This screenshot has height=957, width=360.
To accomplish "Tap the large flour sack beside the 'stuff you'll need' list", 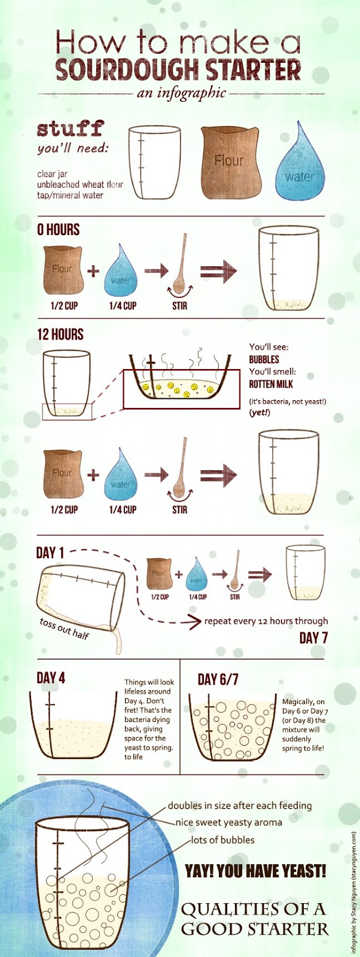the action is click(230, 163).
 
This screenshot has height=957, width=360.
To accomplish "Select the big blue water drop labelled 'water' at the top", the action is click(300, 162).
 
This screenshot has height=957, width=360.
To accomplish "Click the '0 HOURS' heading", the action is click(58, 230).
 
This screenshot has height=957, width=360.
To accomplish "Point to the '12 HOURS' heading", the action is click(60, 334).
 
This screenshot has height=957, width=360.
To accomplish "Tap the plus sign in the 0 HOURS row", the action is click(93, 271).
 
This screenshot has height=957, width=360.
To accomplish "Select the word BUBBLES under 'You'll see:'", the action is click(264, 359).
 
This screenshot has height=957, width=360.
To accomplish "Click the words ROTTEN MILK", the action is click(271, 383).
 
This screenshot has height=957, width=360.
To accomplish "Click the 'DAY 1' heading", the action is click(50, 553).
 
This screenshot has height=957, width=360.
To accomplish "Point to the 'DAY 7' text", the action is click(313, 638).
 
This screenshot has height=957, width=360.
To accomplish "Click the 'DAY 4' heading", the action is click(51, 678).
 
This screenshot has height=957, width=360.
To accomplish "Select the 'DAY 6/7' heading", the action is click(218, 679).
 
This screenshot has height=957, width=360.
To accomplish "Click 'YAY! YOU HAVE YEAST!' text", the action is click(255, 870).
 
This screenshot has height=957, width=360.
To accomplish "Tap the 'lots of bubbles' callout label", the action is click(222, 840).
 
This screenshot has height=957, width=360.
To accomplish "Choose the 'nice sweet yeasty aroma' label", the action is click(229, 822).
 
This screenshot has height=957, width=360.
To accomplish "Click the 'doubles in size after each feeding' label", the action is click(240, 806).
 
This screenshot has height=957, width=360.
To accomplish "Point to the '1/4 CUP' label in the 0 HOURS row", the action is click(123, 306).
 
